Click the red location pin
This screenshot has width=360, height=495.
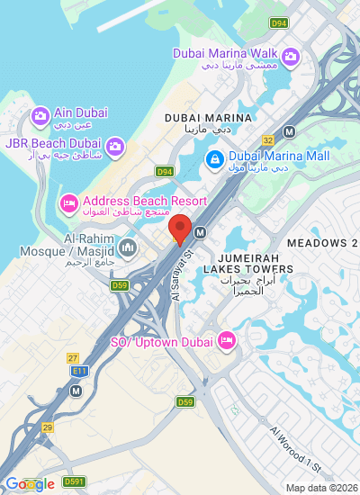click(180, 229)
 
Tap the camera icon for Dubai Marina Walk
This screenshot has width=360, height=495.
click(291, 58)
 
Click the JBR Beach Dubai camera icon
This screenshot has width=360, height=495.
click(115, 146)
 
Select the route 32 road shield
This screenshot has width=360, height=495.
click(268, 140)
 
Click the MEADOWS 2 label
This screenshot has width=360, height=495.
click(321, 243)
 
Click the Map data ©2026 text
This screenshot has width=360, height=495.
click(321, 488)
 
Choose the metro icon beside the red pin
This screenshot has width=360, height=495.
click(200, 232)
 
